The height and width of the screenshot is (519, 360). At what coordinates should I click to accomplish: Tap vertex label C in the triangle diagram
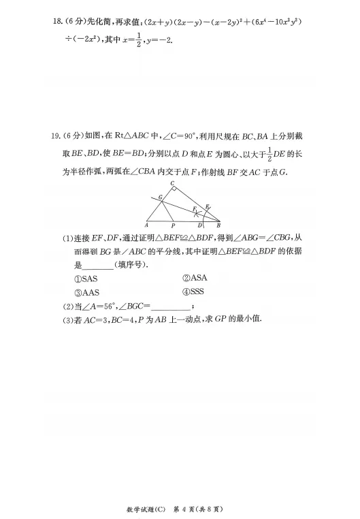point(172,185)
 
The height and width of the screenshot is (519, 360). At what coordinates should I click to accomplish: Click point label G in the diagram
point(161,197)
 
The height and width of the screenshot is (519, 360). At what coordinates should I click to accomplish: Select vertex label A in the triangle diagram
point(146,224)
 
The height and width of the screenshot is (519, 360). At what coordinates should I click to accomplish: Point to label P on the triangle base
point(173,225)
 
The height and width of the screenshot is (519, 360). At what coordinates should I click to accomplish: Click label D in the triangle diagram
point(199,225)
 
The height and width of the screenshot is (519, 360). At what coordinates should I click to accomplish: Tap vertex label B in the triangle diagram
point(218,224)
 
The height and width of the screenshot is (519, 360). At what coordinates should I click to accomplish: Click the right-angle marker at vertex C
point(175,190)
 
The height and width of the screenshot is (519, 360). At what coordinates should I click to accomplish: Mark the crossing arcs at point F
point(198,211)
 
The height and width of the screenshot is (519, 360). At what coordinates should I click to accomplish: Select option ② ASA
point(194,278)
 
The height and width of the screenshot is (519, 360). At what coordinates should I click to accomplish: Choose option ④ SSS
point(194,292)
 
